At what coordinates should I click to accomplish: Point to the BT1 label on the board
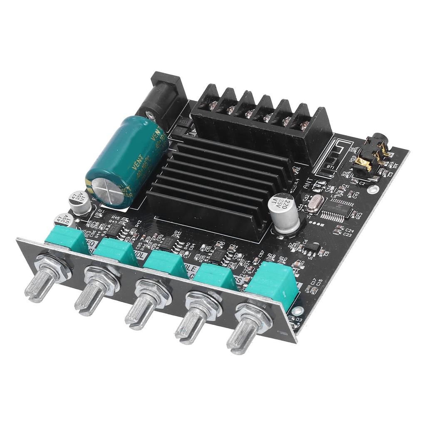[331, 167]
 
